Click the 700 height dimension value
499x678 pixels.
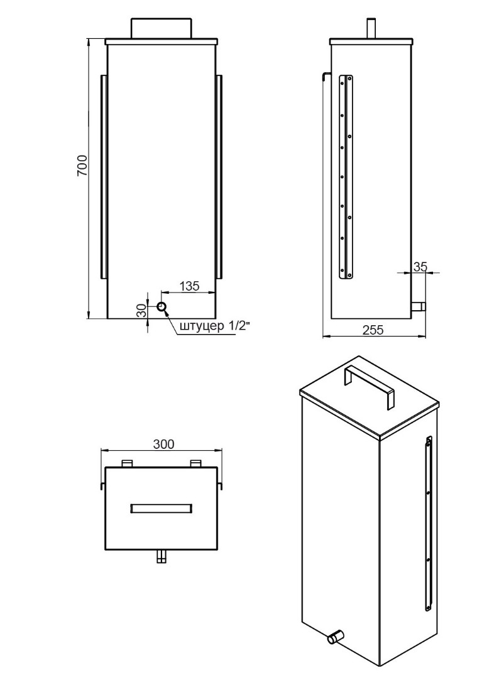point(83,165)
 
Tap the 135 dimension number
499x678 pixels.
point(189,286)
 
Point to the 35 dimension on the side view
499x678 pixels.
point(420,267)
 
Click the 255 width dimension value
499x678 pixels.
point(373,330)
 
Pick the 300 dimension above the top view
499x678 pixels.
point(163,444)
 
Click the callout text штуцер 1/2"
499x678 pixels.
point(214,326)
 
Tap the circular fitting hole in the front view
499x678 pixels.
point(162,307)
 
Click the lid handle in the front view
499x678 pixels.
point(161,28)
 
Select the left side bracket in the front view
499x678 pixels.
point(104,177)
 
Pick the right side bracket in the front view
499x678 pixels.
point(219,177)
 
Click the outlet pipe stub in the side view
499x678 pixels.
point(418,306)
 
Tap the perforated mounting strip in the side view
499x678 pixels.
point(346,177)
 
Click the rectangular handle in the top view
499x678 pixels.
point(161,508)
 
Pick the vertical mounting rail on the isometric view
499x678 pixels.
point(429,524)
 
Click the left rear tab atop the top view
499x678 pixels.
point(127,463)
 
